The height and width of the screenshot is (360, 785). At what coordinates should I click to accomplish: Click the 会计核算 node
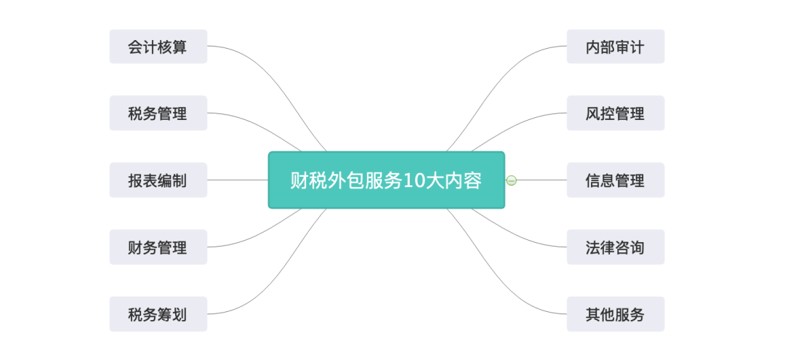pyautogui.click(x=158, y=47)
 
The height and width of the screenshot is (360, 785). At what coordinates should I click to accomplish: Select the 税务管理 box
pyautogui.click(x=158, y=113)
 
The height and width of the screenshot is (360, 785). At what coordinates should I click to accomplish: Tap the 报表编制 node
pyautogui.click(x=158, y=180)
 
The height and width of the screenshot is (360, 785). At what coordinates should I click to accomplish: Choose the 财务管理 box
pyautogui.click(x=158, y=247)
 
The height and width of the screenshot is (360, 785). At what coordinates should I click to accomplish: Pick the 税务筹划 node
pyautogui.click(x=158, y=314)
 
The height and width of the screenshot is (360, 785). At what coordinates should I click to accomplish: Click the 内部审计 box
pyautogui.click(x=615, y=47)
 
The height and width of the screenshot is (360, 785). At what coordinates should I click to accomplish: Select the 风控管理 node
pyautogui.click(x=615, y=113)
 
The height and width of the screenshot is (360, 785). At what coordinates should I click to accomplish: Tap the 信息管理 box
pyautogui.click(x=615, y=180)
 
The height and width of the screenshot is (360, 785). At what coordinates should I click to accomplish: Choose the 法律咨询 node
pyautogui.click(x=615, y=247)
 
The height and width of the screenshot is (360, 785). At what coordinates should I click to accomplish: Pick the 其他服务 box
pyautogui.click(x=615, y=314)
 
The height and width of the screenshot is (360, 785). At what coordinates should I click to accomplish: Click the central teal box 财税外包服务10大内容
pyautogui.click(x=386, y=180)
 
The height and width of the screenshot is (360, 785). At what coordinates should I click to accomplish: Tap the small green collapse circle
pyautogui.click(x=512, y=180)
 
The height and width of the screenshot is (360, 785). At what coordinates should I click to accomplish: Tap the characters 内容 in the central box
pyautogui.click(x=464, y=180)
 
